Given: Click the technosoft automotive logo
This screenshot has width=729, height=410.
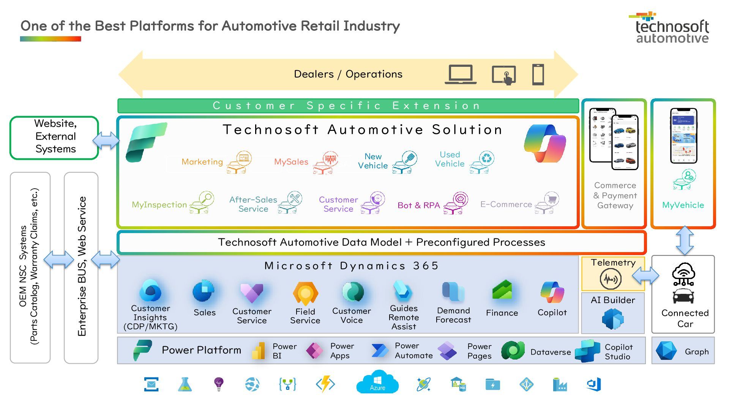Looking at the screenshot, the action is (x=671, y=28).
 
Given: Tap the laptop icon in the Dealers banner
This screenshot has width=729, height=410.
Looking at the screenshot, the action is (x=461, y=74).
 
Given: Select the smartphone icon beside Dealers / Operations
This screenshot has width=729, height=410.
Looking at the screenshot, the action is (x=538, y=74).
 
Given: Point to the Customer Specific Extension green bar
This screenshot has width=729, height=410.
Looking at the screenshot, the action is (x=348, y=106).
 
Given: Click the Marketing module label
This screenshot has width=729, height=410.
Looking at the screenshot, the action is (x=202, y=162).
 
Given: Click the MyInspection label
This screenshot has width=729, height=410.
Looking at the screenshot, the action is (x=159, y=205).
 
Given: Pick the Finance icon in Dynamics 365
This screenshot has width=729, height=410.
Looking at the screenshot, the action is (x=502, y=291).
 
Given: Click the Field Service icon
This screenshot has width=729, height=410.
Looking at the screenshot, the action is (x=305, y=293).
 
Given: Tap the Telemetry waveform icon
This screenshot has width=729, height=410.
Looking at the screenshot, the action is (x=611, y=279).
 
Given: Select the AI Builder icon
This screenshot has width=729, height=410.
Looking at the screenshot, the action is (x=613, y=319).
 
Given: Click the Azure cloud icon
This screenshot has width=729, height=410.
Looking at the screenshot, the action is (x=377, y=383).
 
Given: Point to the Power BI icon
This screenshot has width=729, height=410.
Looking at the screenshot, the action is (x=259, y=351).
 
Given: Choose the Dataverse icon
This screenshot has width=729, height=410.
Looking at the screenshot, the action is (x=513, y=350).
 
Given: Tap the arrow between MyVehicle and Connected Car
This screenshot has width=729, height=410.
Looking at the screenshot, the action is (x=685, y=241).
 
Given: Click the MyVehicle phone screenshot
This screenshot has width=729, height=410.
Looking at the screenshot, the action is (x=683, y=136).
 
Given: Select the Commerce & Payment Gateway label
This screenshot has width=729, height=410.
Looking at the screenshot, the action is (x=615, y=196).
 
